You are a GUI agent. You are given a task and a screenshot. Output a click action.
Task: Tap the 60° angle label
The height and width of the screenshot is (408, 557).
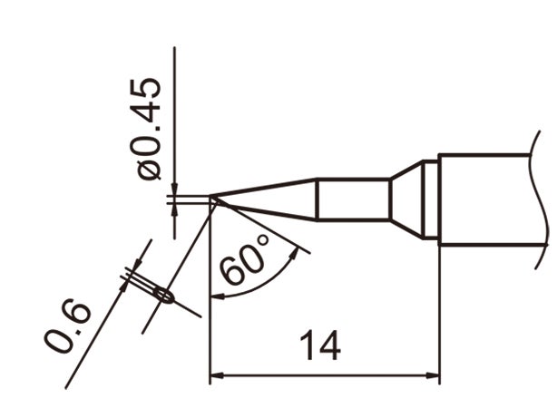244,259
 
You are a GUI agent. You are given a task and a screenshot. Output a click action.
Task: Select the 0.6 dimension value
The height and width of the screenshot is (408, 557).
67,327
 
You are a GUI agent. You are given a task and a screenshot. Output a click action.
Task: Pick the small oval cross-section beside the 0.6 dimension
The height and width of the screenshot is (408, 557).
163,295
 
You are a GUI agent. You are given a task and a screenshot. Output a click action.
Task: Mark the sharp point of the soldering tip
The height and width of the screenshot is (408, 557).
211,199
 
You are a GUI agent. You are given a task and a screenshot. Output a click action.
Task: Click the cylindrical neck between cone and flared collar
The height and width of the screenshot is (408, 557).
353,199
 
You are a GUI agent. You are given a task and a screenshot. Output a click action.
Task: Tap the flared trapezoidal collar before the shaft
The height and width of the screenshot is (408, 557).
407,199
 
